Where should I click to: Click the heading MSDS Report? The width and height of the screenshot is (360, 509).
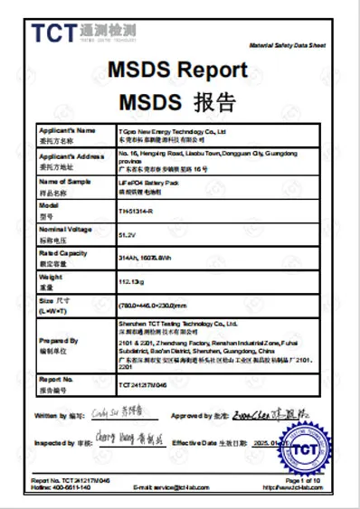click(177, 70)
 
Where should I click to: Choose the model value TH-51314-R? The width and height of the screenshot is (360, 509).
click(137, 212)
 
